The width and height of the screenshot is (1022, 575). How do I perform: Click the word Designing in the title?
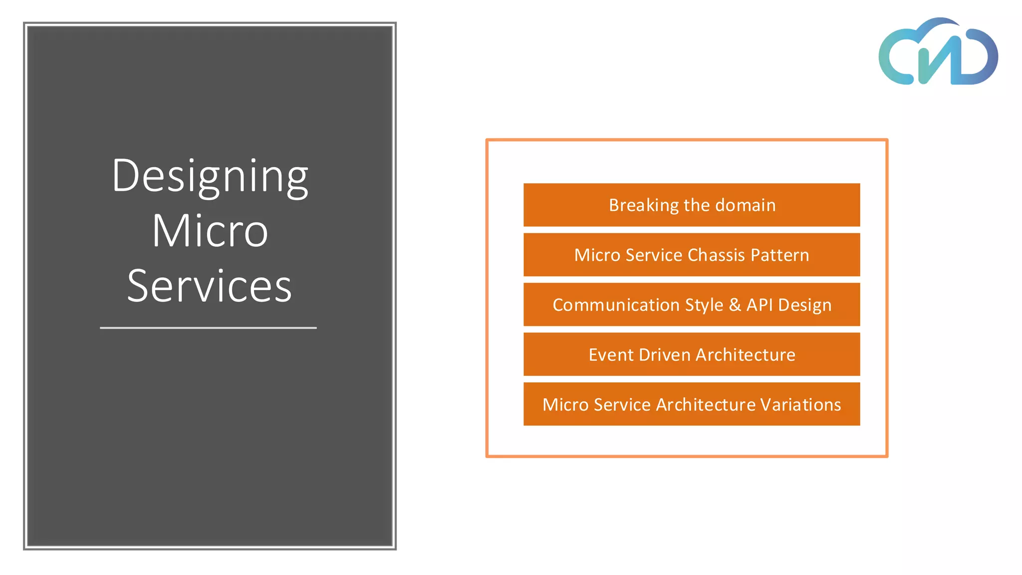tap(210, 176)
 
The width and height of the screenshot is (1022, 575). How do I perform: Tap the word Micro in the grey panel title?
tap(210, 231)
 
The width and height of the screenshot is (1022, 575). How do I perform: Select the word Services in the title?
tap(209, 287)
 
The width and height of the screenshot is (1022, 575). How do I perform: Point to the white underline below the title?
tap(208, 328)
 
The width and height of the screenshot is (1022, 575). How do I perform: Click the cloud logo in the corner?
tap(938, 52)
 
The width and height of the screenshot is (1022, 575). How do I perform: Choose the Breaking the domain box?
tap(692, 205)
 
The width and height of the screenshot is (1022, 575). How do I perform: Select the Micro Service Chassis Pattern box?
tap(692, 255)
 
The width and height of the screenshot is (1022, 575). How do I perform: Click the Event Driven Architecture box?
tap(692, 354)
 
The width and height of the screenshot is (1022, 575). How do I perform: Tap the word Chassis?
tap(716, 255)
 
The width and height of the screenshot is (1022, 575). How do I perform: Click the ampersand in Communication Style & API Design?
tap(735, 305)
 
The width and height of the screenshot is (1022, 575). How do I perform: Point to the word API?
tap(760, 305)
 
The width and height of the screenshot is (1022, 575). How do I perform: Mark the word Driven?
tap(665, 355)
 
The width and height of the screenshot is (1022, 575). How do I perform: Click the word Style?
tap(704, 305)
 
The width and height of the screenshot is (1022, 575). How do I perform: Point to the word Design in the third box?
tap(804, 305)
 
